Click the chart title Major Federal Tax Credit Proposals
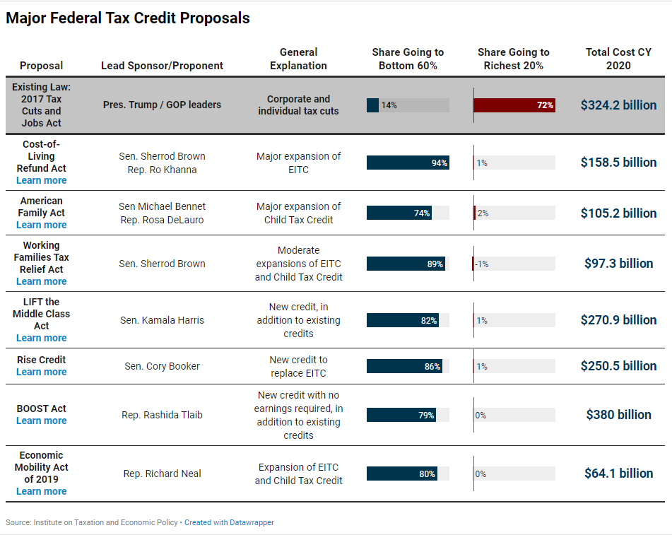click(128, 18)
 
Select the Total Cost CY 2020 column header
click(618, 59)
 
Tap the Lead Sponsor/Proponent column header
click(162, 66)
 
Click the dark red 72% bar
click(514, 105)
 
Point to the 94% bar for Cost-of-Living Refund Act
click(407, 163)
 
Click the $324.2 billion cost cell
click(618, 105)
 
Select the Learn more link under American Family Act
click(42, 225)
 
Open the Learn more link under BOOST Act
click(42, 421)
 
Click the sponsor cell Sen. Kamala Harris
click(162, 320)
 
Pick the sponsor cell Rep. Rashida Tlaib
click(162, 415)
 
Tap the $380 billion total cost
click(618, 415)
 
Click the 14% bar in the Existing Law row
click(373, 105)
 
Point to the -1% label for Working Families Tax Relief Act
click(482, 264)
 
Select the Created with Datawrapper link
click(229, 522)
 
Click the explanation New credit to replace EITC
click(298, 366)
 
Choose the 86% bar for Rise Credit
click(404, 366)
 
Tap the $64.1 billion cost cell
click(618, 474)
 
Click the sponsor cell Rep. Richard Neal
click(162, 474)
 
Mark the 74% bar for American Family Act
click(399, 213)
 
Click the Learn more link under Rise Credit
click(42, 372)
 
